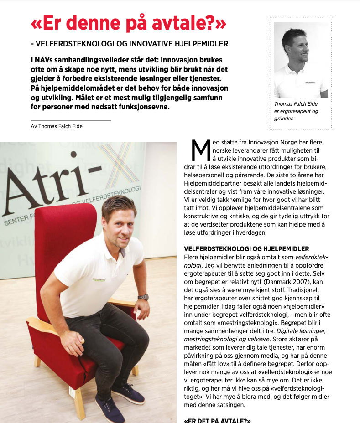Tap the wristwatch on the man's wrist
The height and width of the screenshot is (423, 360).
(144, 297)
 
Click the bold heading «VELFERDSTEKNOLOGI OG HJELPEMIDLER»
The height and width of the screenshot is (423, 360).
(246, 249)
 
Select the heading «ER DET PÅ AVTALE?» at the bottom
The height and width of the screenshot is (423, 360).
(217, 420)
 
